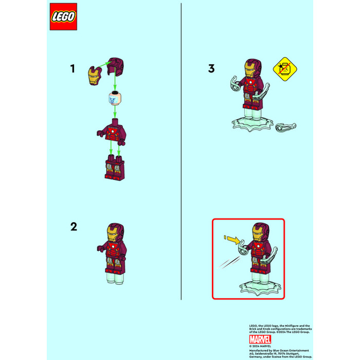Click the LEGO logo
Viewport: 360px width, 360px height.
(x=64, y=17)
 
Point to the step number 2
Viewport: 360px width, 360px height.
(x=74, y=226)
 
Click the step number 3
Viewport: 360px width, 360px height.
(x=211, y=68)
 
